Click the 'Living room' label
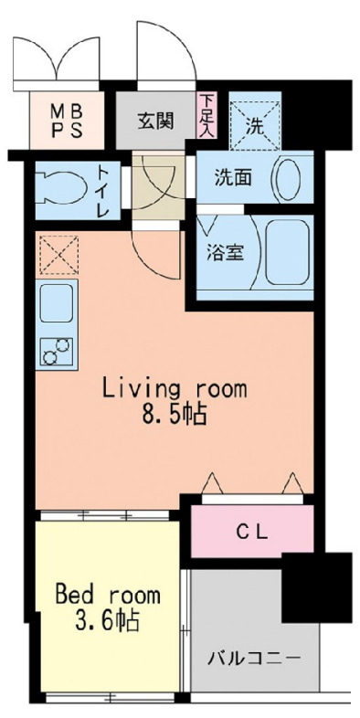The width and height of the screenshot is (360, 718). tap(174, 389)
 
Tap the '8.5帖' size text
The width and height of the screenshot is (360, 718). tap(174, 416)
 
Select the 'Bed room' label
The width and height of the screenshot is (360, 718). tap(107, 596)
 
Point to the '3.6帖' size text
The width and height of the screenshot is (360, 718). tap(108, 623)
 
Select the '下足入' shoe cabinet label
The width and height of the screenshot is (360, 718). tap(208, 114)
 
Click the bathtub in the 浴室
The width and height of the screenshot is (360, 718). tap(286, 254)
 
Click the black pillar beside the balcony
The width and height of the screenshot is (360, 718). tap(316, 586)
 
